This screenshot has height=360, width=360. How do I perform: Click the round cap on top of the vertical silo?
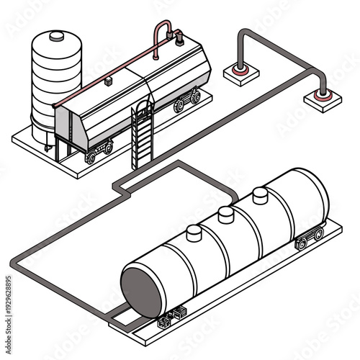[57, 35]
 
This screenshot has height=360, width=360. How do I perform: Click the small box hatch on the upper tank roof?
[107, 82]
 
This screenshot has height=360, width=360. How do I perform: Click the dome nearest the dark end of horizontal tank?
[193, 233]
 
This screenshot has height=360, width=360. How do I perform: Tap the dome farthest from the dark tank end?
[260, 195]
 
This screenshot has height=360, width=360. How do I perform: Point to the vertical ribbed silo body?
[57, 79]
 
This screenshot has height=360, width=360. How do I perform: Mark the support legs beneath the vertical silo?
[49, 141]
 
